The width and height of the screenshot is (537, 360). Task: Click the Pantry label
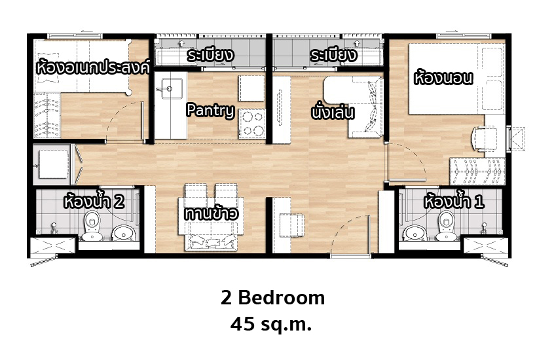pyautogui.click(x=210, y=111)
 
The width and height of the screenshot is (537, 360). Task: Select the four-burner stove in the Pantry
pyautogui.click(x=252, y=124)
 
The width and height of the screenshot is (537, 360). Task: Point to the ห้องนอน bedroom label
pyautogui.click(x=443, y=78)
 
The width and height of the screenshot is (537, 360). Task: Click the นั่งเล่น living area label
pyautogui.click(x=332, y=112)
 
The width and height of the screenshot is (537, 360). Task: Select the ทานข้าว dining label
pyautogui.click(x=211, y=213)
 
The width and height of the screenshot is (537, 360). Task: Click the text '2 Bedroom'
pyautogui.click(x=272, y=297)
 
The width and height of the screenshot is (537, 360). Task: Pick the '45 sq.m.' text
pyautogui.click(x=271, y=324)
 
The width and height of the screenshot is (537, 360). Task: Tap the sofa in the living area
pyautogui.click(x=365, y=107)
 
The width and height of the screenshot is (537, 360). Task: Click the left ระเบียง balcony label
pyautogui.click(x=210, y=56)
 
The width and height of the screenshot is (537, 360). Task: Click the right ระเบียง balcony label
pyautogui.click(x=333, y=56)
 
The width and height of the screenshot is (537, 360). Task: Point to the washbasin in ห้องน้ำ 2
pyautogui.click(x=124, y=233)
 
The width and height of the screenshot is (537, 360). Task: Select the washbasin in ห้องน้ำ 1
pyautogui.click(x=414, y=233)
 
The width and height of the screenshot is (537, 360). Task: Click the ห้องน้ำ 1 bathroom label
pyautogui.click(x=454, y=202)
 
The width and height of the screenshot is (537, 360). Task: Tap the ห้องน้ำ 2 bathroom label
pyautogui.click(x=94, y=202)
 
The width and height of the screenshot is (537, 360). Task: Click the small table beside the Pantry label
pyautogui.click(x=251, y=88)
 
